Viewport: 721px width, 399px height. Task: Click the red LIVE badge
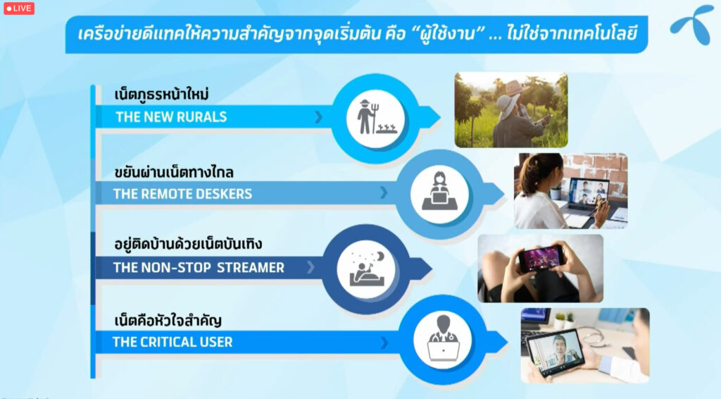tap(19, 8)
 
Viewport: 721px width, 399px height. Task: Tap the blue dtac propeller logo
tap(692, 25)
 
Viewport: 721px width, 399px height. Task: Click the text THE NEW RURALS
tap(171, 117)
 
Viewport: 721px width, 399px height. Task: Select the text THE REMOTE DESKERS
tap(182, 194)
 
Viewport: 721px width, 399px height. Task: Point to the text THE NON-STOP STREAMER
tap(199, 267)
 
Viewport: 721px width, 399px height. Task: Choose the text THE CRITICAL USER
tap(173, 342)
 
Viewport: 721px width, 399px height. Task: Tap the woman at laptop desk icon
tap(439, 191)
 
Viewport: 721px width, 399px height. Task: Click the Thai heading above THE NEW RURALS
tap(161, 94)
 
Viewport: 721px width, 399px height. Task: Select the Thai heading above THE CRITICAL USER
tap(168, 320)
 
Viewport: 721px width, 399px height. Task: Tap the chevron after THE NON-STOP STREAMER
tap(311, 267)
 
